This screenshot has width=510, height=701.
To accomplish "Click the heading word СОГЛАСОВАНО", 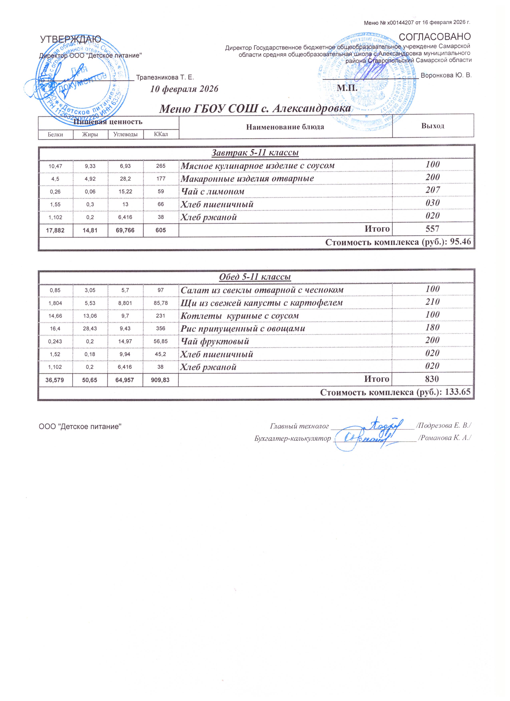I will [435, 37].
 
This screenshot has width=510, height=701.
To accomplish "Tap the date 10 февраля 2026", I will [184, 89].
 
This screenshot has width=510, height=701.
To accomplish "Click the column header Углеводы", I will [126, 134].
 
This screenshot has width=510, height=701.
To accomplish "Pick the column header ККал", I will [161, 134].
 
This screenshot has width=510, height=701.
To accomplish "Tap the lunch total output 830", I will [432, 379].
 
